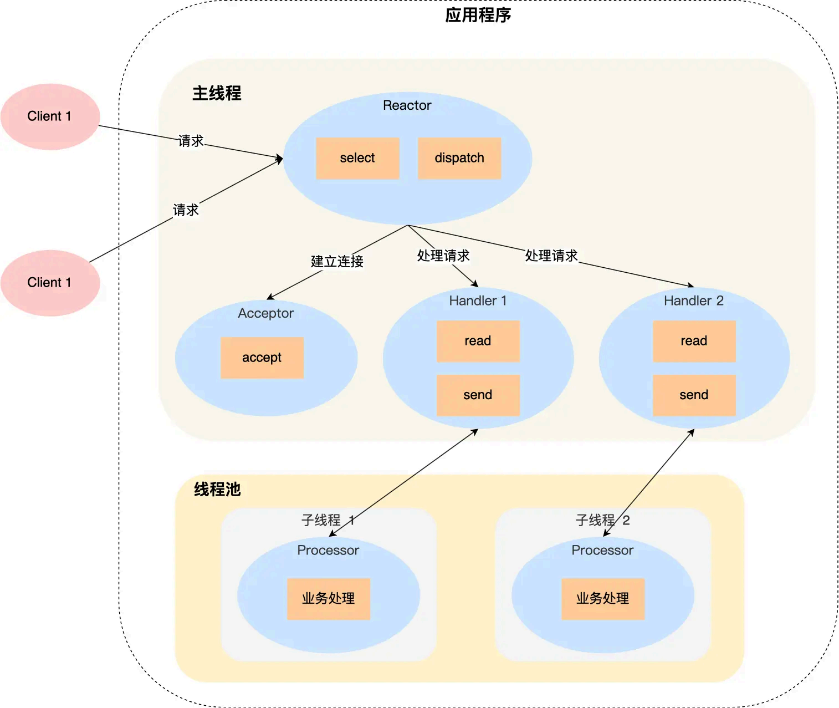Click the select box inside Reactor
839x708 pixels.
click(x=357, y=158)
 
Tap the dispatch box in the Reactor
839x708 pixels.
click(x=459, y=158)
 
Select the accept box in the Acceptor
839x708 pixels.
click(x=262, y=358)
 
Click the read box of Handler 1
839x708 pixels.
click(x=478, y=341)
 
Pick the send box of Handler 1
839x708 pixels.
click(x=478, y=395)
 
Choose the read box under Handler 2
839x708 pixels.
click(x=694, y=341)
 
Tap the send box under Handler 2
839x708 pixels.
click(x=694, y=395)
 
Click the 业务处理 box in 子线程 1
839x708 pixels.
click(x=328, y=599)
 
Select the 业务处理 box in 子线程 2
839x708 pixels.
click(x=603, y=599)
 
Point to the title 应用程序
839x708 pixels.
click(x=478, y=15)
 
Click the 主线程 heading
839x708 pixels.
click(x=217, y=93)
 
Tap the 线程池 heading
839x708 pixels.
click(x=217, y=489)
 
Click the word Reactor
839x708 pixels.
click(x=407, y=105)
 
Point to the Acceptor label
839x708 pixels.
click(x=265, y=313)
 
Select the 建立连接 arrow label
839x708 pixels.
click(x=337, y=261)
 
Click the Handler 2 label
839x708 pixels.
click(x=694, y=300)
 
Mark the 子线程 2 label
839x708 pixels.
click(x=602, y=520)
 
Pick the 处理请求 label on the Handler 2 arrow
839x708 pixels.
click(x=551, y=256)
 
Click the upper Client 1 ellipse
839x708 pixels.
click(x=50, y=116)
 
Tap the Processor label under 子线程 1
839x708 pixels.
click(x=328, y=550)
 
